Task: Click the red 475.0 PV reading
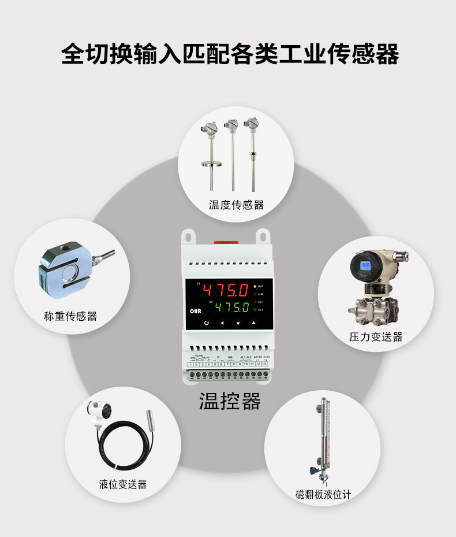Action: (x=225, y=290)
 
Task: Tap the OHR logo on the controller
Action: (x=194, y=310)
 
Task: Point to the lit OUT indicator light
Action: (x=255, y=286)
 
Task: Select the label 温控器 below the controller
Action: (x=229, y=401)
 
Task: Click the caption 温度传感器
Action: (x=236, y=205)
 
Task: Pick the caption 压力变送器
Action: (x=376, y=337)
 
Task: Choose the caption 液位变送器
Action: (x=122, y=484)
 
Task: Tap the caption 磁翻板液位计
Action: (x=323, y=495)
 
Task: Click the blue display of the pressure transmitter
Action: (x=364, y=266)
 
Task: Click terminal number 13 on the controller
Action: (x=264, y=364)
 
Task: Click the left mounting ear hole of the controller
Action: (x=187, y=236)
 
